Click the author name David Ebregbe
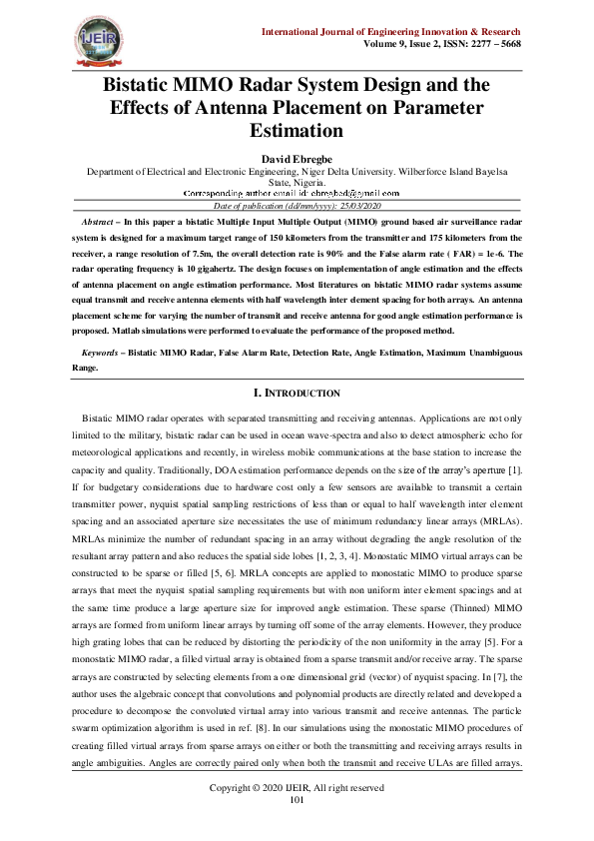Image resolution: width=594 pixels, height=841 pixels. point(297,159)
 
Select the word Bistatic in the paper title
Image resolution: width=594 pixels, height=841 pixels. point(147,84)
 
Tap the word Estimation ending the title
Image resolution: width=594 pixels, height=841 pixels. point(297,130)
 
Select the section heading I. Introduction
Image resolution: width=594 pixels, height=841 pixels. point(297,394)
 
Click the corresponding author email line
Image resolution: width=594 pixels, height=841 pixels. point(297,193)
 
